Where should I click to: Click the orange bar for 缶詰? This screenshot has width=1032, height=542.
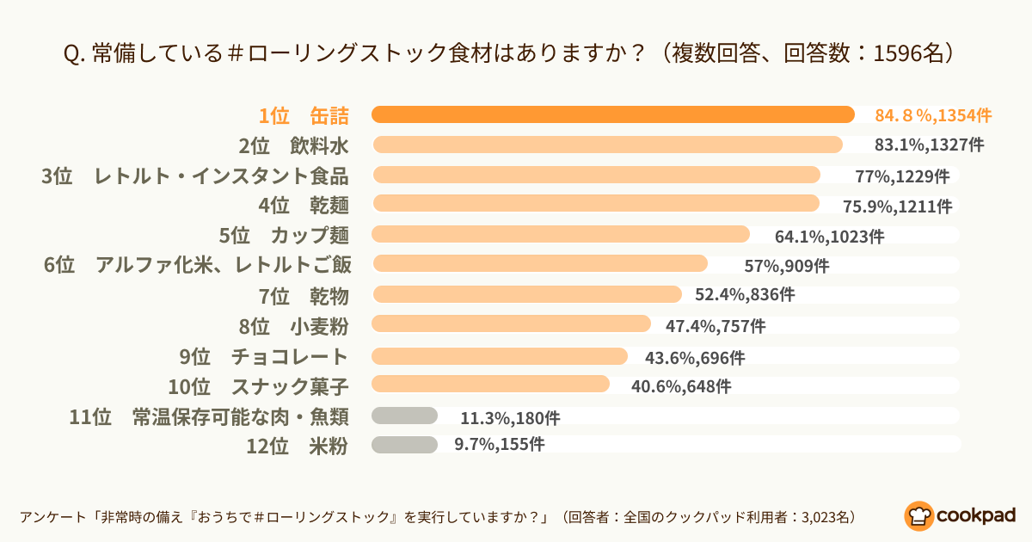point(612,114)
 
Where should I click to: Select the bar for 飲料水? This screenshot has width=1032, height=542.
point(607,145)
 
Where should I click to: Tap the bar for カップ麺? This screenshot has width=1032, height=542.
point(561,234)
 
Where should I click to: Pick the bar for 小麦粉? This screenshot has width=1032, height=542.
point(511,323)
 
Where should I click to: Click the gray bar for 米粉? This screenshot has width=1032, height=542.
point(404,444)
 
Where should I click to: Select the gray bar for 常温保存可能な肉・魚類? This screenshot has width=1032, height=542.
point(404,416)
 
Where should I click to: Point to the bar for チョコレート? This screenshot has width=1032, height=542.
point(500,355)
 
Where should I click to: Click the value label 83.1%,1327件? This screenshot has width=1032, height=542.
point(929,145)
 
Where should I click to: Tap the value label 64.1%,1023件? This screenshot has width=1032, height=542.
point(829,236)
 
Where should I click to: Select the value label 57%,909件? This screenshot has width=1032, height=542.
point(787,266)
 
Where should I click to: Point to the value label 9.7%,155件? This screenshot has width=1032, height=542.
point(499,445)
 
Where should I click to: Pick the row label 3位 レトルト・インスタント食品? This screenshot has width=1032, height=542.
point(195,176)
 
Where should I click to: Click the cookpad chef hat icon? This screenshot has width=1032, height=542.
point(918,514)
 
